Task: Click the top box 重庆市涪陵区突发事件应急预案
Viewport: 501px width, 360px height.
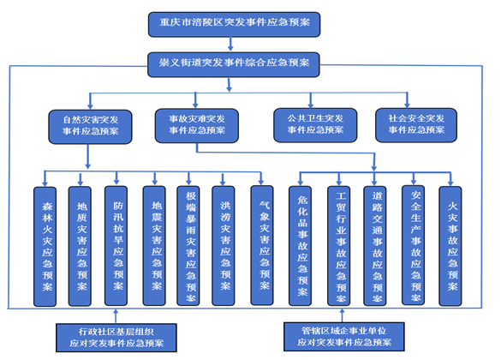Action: (x=234, y=25)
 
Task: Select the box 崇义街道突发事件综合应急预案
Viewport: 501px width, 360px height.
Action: (x=234, y=64)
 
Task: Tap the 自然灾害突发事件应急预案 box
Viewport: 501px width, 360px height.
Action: (x=90, y=127)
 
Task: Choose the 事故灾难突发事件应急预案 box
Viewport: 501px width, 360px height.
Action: (x=197, y=126)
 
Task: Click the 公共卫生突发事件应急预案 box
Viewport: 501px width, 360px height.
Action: (x=315, y=125)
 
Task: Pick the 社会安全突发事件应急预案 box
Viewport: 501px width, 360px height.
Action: (x=416, y=125)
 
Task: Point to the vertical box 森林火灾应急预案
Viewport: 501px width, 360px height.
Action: (x=45, y=247)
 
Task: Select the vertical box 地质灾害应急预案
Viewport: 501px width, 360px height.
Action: (x=80, y=246)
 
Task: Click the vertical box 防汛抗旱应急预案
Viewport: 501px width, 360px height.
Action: (x=116, y=245)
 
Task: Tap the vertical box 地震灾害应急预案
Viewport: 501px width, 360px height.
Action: (x=154, y=245)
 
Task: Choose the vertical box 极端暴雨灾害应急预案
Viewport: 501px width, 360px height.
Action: (x=188, y=245)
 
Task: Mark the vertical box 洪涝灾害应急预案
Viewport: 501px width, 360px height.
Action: (x=224, y=245)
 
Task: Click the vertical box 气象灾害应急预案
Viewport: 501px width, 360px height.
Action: (x=262, y=245)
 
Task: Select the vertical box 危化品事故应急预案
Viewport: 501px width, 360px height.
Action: (x=300, y=246)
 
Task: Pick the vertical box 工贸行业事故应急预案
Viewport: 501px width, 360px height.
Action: (x=338, y=246)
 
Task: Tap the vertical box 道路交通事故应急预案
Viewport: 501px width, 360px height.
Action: (x=375, y=246)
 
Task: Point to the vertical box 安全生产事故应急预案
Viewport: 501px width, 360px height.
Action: (x=413, y=245)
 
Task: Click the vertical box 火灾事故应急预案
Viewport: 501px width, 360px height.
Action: (x=450, y=246)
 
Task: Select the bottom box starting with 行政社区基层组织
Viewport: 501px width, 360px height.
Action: (x=116, y=338)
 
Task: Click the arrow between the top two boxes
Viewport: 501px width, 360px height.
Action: (x=230, y=44)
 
